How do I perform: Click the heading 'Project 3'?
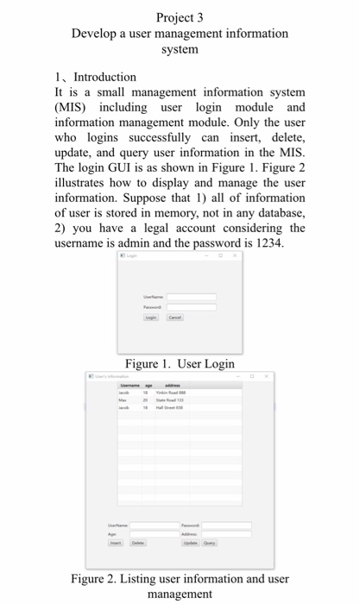coord(180,16)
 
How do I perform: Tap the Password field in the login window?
coord(191,306)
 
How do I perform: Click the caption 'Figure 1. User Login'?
coord(180,363)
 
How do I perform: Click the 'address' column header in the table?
coord(173,385)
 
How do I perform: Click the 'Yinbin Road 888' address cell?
coord(169,393)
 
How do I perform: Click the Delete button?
coord(137,543)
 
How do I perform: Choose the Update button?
coord(189,543)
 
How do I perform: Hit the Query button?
coord(209,543)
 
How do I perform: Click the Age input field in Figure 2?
coord(150,533)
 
